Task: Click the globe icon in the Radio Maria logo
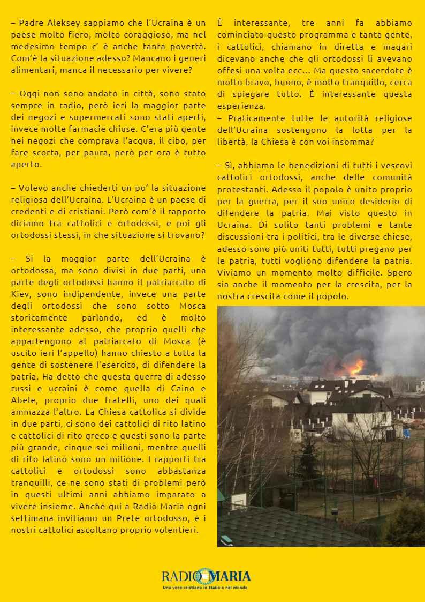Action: (203, 577)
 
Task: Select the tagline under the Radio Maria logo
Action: (206, 588)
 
